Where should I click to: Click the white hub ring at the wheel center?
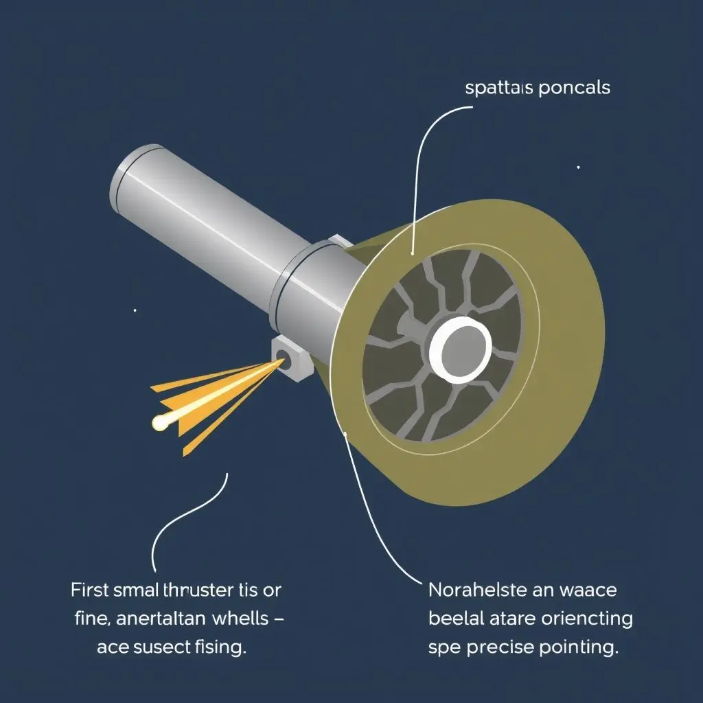[x=459, y=351]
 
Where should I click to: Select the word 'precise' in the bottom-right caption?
[x=493, y=648]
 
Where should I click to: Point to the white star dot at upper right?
[x=578, y=167]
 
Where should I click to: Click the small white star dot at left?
[x=135, y=310]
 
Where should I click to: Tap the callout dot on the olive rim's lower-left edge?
[x=346, y=433]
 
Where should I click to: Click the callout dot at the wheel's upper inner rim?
[x=412, y=253]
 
